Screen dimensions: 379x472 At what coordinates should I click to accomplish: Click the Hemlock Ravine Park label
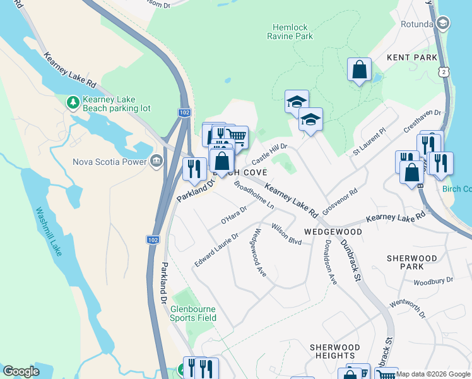click(293, 32)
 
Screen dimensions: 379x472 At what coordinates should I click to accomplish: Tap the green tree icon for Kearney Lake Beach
click(73, 101)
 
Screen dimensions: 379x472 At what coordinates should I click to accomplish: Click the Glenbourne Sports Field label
click(193, 313)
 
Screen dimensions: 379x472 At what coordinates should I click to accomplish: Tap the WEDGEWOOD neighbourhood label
click(333, 232)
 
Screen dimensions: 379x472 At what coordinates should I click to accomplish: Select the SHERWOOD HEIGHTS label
click(334, 352)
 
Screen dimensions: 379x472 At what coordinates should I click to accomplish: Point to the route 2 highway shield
click(445, 73)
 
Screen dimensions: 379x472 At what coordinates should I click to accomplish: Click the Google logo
click(21, 371)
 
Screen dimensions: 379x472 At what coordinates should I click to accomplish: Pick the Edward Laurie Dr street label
click(216, 250)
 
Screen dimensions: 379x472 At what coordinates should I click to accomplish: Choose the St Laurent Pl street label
click(369, 144)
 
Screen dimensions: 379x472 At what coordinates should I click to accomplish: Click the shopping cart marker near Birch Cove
click(235, 136)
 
